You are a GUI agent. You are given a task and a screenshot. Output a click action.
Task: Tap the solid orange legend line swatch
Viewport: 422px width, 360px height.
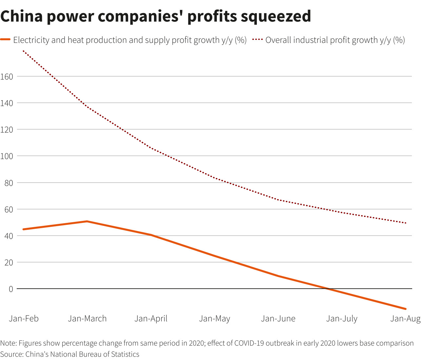click(x=6, y=40)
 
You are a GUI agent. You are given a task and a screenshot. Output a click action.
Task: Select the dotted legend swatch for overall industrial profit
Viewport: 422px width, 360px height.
click(x=258, y=40)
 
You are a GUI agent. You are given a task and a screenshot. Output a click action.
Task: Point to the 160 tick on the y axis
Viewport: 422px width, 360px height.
click(x=7, y=77)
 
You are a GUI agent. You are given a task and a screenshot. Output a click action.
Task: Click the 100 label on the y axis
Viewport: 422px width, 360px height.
click(x=7, y=156)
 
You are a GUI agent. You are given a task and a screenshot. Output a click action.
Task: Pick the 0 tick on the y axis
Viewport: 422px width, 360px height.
click(x=11, y=289)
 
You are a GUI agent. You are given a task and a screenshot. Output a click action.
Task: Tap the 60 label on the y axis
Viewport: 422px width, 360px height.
click(x=9, y=209)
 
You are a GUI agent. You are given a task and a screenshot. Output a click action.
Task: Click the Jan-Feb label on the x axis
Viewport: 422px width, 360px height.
click(x=24, y=318)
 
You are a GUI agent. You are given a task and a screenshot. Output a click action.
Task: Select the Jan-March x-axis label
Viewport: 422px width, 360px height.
click(x=87, y=318)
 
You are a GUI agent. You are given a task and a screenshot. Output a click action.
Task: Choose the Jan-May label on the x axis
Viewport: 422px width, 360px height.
click(x=215, y=318)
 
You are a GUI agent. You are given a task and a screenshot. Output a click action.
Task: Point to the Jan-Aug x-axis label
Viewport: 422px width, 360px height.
click(x=405, y=318)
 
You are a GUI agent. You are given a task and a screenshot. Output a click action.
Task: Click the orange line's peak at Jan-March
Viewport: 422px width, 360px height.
click(x=87, y=222)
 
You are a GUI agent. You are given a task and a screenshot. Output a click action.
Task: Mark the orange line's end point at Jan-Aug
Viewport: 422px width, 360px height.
click(x=406, y=309)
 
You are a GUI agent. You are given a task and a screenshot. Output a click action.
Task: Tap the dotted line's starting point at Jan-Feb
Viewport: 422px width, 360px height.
click(x=23, y=51)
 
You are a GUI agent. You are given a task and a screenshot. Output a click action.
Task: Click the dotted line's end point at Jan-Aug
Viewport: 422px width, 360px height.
click(x=406, y=223)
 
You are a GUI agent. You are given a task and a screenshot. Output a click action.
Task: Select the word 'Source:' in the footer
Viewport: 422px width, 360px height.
click(x=12, y=354)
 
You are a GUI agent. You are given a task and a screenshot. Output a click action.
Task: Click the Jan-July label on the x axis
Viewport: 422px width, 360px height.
click(x=342, y=318)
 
